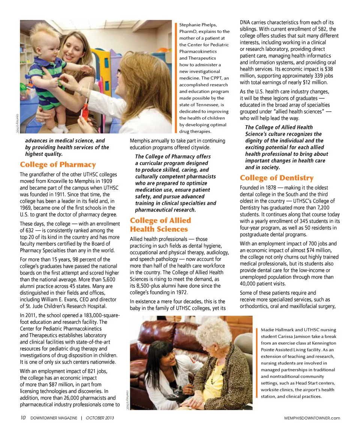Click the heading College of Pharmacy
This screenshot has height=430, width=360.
tap(58, 165)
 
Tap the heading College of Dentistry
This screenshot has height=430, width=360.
tap(277, 178)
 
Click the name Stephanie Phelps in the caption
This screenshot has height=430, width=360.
tap(198, 25)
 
